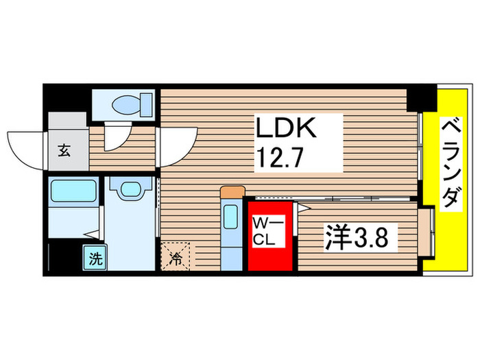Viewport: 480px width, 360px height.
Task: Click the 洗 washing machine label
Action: (96, 259)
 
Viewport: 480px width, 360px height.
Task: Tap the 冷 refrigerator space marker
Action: (176, 258)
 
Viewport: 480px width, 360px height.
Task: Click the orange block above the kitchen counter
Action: (231, 191)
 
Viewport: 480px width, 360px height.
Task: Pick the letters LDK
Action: (286, 130)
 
